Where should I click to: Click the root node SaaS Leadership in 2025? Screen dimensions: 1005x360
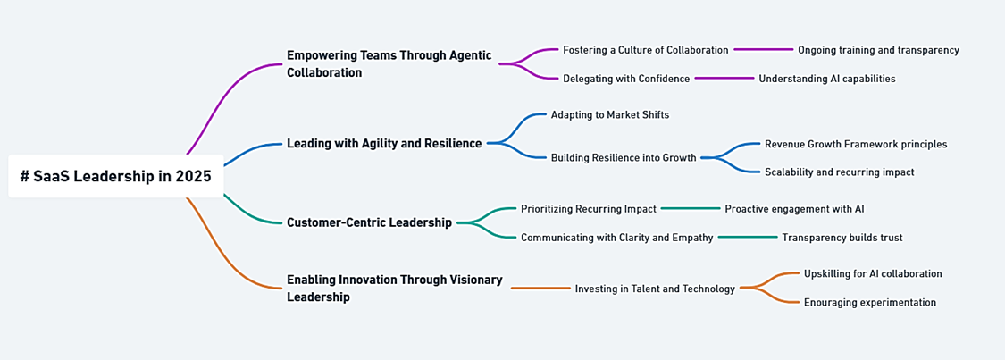pos(116,176)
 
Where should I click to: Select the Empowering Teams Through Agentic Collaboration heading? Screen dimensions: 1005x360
pos(389,64)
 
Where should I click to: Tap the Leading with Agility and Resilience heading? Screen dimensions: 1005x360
pos(384,144)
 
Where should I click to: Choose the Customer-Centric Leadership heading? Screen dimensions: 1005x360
pos(369,223)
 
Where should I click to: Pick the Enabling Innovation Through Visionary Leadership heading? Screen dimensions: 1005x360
pos(394,289)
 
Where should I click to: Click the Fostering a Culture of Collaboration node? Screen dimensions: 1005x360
pos(645,50)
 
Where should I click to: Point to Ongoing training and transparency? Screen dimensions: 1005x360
pos(878,50)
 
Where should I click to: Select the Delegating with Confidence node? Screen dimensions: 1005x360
pos(626,79)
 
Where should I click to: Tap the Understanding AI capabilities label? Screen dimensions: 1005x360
pos(827,79)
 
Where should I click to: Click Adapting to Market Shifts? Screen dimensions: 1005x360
pos(610,114)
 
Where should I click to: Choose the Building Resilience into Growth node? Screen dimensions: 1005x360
pos(624,157)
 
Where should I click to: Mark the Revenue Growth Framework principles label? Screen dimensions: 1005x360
pos(856,144)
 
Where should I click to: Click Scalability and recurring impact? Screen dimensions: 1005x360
pos(839,172)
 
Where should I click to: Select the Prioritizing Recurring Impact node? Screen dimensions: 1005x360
pos(589,208)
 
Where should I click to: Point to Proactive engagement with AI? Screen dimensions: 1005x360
pos(795,208)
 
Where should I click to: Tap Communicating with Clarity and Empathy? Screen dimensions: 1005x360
pos(616,238)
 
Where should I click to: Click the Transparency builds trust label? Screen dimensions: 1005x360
pos(842,238)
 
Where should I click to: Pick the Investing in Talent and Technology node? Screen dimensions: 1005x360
pos(655,289)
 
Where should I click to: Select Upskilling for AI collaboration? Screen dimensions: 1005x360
pos(873,273)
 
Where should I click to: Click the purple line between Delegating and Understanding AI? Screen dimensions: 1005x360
pos(724,78)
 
